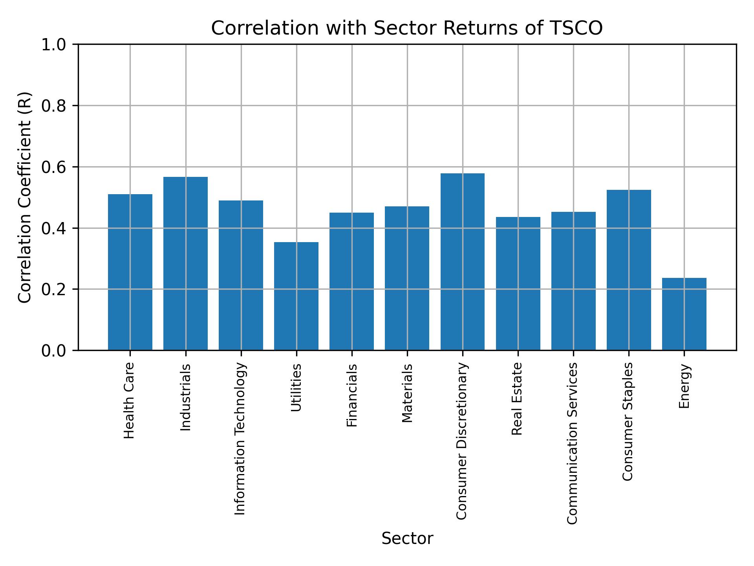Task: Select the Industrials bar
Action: [185, 263]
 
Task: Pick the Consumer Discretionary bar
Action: [462, 262]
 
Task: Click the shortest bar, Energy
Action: [684, 314]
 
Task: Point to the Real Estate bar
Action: [518, 283]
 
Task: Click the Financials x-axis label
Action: [352, 395]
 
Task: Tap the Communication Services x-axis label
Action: [573, 443]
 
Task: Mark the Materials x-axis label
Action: [407, 393]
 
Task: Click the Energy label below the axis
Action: [684, 386]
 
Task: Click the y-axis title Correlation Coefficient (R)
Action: [25, 197]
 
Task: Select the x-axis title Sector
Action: [407, 538]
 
